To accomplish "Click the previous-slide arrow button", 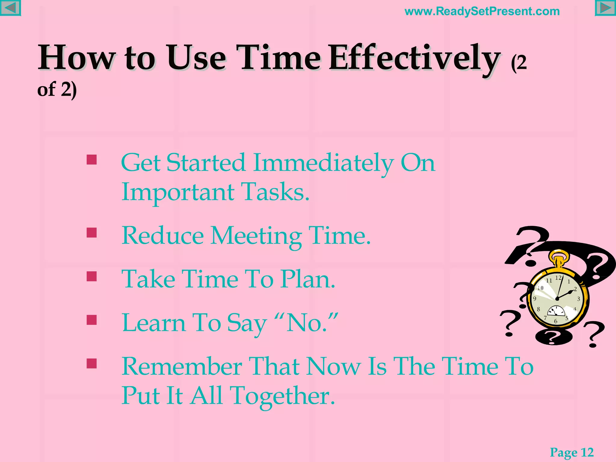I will click(x=10, y=8).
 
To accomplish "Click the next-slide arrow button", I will click(x=605, y=8).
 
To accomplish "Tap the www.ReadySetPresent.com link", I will click(x=482, y=11).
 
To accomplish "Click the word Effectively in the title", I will click(x=414, y=58).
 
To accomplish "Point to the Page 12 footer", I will click(x=571, y=452).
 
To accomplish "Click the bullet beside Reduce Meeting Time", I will click(x=92, y=233).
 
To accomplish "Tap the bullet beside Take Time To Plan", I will click(x=92, y=276).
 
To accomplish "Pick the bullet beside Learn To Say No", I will click(x=92, y=320).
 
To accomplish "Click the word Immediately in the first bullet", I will click(x=323, y=163).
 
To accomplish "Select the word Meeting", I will click(x=256, y=236).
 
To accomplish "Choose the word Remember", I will click(x=182, y=367).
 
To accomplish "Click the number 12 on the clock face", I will click(x=558, y=278).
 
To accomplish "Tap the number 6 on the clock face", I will click(x=556, y=321).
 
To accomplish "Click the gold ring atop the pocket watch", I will click(x=559, y=257).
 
